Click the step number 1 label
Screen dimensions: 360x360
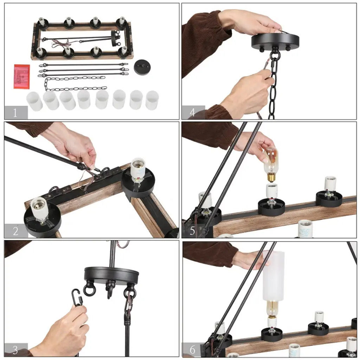click(15, 113)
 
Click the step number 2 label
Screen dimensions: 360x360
click(15, 231)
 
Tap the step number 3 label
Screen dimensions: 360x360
click(15, 350)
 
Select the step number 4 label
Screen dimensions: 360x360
click(192, 112)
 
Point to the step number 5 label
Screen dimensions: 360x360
click(192, 231)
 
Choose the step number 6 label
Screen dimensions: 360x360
click(192, 349)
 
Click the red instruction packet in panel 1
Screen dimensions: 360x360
click(22, 76)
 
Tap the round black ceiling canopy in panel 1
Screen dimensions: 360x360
click(142, 67)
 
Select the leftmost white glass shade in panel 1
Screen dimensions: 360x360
click(34, 101)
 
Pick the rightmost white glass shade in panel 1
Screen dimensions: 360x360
click(152, 100)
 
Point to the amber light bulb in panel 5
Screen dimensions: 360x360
click(271, 165)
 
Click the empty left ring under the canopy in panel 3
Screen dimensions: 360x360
click(88, 290)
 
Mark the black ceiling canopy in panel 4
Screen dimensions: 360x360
click(275, 42)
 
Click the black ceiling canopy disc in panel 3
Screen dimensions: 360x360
click(111, 276)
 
